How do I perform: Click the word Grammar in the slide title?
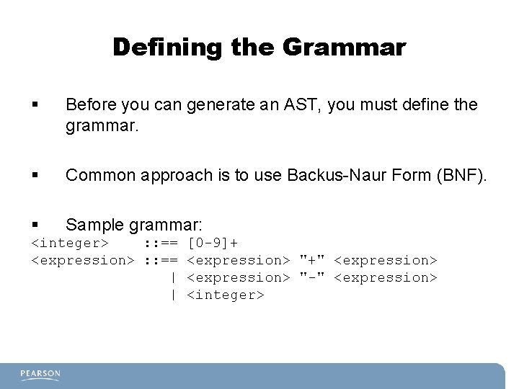click(345, 48)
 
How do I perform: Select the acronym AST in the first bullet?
click(302, 105)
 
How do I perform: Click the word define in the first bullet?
click(425, 105)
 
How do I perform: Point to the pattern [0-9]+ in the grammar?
click(213, 243)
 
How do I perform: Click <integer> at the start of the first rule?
click(70, 243)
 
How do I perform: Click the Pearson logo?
click(40, 374)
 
